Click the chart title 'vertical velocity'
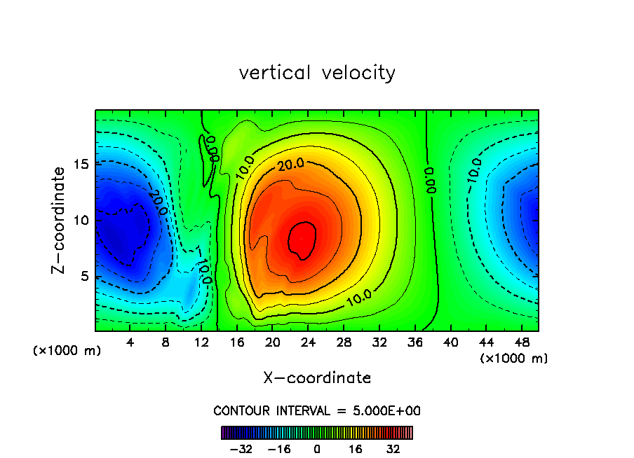317,73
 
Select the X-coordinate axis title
317,378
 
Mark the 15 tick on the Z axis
80,164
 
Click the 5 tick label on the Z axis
83,276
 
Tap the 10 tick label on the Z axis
80,220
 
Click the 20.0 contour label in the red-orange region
290,165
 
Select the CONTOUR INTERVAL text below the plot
317,410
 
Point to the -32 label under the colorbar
241,449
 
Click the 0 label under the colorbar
317,449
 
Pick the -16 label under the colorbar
278,449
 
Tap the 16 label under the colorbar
356,449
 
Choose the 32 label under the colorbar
393,449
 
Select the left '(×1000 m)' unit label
67,351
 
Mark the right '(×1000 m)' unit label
514,359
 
